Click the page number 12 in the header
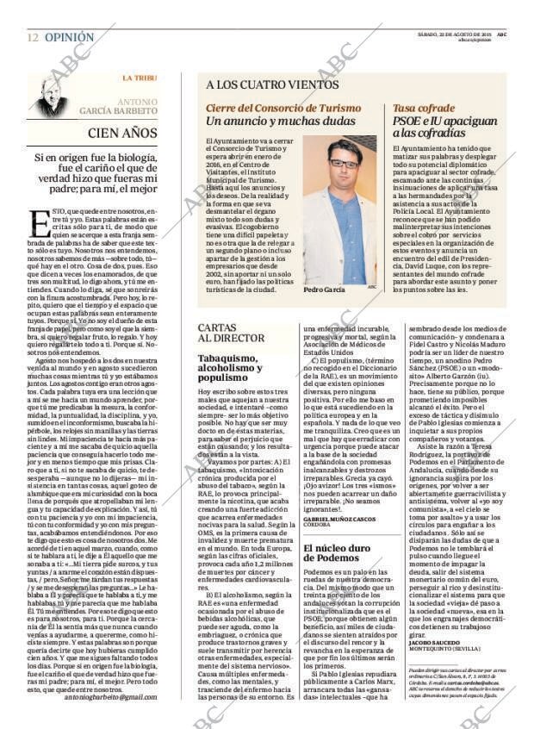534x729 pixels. (32, 38)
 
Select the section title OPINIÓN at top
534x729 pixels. (69, 38)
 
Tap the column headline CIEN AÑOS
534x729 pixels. (122, 134)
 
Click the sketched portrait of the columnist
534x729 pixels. (53, 96)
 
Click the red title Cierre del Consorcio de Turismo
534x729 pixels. (283, 108)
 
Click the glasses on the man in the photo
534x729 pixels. (344, 163)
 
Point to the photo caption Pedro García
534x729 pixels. (324, 290)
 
